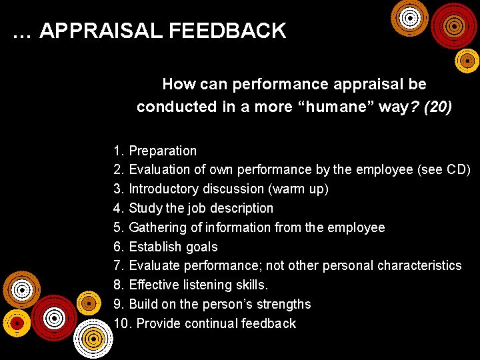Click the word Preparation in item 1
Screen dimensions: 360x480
[x=163, y=151]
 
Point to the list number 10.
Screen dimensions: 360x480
[x=122, y=323]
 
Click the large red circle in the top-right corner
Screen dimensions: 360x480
[x=454, y=26]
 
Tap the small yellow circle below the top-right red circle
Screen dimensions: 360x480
[x=467, y=61]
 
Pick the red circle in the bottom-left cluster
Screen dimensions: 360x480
[x=54, y=317]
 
